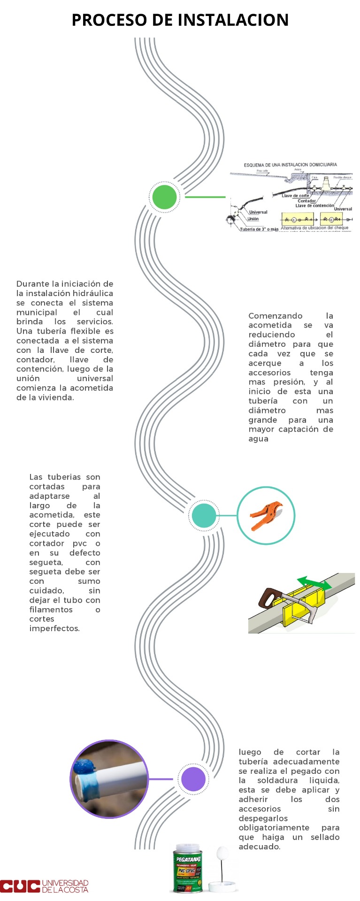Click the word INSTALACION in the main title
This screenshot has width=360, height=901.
click(233, 20)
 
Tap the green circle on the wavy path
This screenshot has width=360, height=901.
click(164, 197)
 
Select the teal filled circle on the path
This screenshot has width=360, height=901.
click(204, 515)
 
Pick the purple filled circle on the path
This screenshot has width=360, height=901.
click(192, 779)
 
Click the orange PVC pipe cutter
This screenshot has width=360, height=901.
click(265, 515)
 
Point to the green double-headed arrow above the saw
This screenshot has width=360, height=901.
click(314, 582)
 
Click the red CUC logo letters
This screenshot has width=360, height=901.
click(20, 886)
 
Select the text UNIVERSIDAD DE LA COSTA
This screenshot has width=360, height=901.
click(65, 886)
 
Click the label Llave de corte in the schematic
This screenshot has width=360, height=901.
click(295, 196)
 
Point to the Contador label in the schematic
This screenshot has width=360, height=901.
click(306, 201)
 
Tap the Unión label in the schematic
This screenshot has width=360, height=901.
click(253, 219)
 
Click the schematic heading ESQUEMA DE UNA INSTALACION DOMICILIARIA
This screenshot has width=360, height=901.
click(290, 165)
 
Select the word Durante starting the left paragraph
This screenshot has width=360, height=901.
click(32, 284)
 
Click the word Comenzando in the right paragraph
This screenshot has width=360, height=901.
click(275, 316)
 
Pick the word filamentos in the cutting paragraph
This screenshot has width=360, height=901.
click(51, 610)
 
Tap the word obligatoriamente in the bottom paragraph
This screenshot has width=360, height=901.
click(274, 828)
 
